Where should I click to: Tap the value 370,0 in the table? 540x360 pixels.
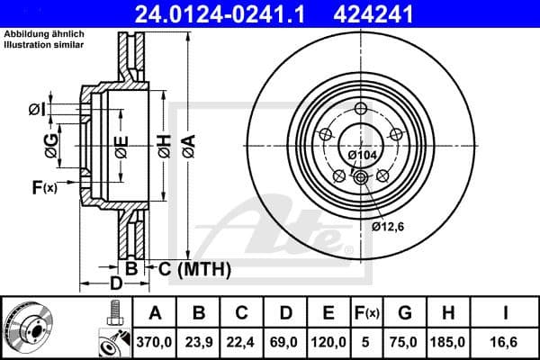tap(155, 341)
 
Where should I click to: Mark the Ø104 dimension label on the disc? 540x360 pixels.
tap(362, 156)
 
